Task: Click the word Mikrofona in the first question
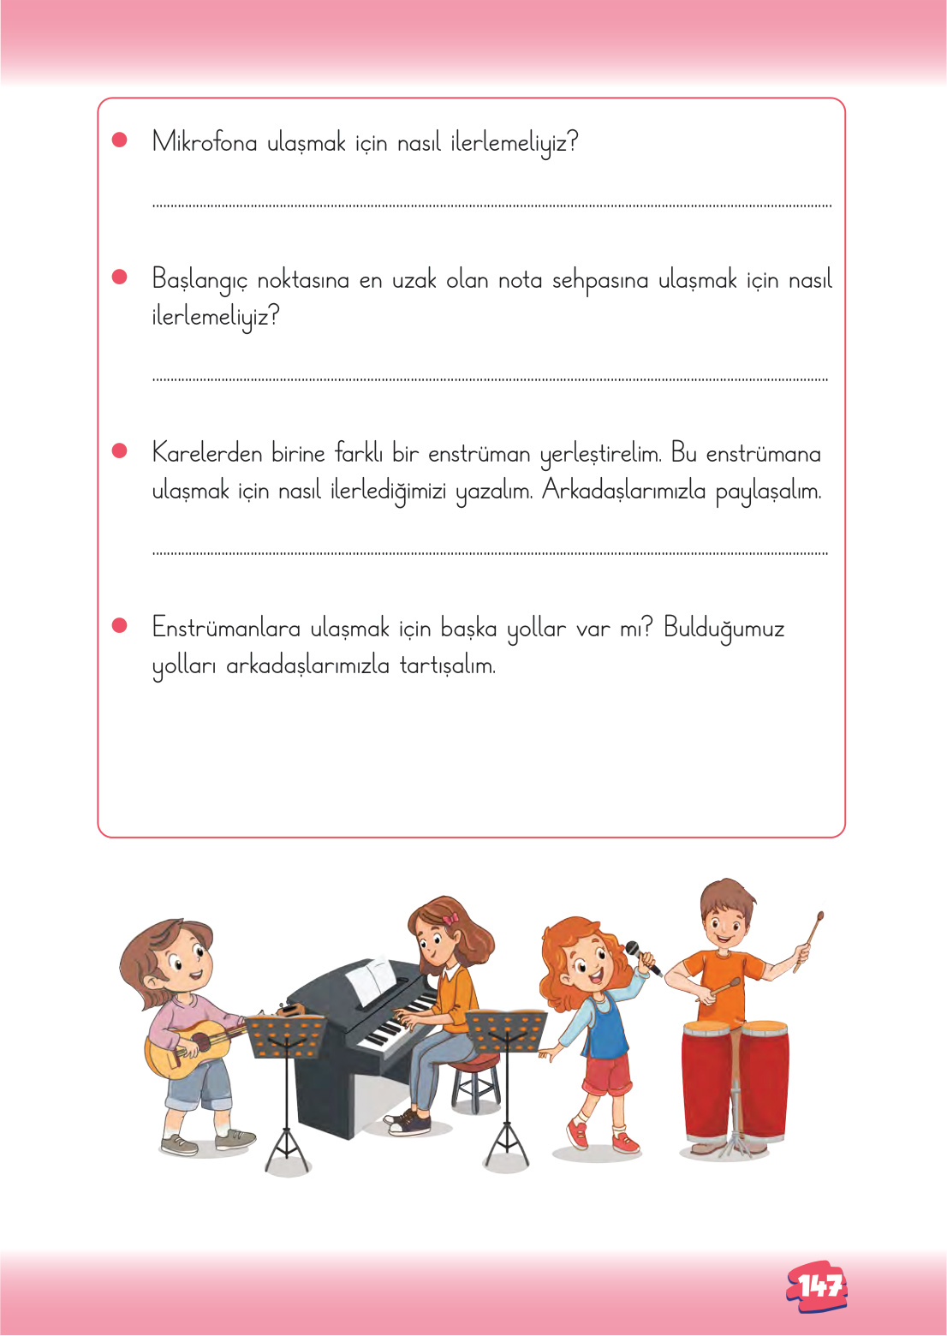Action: (204, 142)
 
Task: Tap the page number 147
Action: (818, 1285)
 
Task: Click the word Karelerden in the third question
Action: (206, 453)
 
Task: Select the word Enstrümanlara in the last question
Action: (226, 628)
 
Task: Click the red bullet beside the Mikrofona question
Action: (120, 140)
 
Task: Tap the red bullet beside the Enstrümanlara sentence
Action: (120, 625)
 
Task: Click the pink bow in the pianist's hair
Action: (450, 919)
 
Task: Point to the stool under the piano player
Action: (475, 1083)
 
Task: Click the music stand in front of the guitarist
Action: (286, 1036)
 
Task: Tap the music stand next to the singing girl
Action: (507, 1032)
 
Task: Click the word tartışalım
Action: (447, 665)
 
